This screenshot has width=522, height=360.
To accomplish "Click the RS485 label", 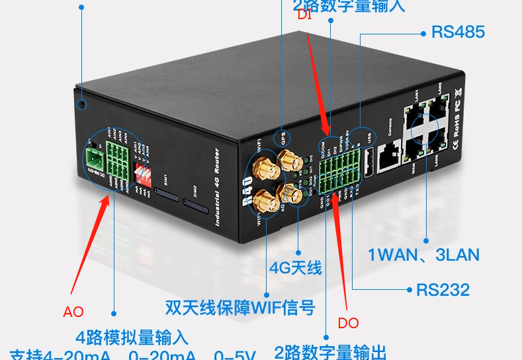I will tap(458, 32).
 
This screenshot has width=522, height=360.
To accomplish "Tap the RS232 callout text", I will tap(443, 289).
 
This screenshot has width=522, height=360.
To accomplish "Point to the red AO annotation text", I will tap(73, 312).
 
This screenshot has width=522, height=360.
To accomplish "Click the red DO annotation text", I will tap(348, 323).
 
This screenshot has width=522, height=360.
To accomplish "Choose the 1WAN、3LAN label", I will tap(423, 255).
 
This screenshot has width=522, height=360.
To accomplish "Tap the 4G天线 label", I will tap(295, 267).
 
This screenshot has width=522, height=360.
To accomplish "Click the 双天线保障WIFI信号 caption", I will tap(240, 308).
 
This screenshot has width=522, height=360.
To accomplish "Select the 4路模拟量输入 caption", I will tap(132, 337).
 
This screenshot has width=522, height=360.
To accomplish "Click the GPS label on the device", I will tap(283, 138).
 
